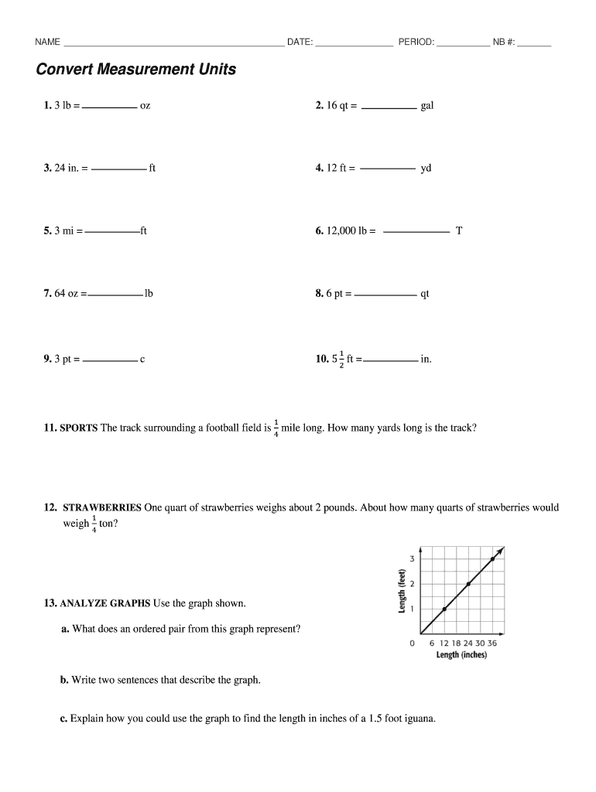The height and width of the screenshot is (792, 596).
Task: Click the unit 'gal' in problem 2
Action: coord(426,106)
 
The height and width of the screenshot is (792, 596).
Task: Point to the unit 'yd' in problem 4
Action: coord(426,169)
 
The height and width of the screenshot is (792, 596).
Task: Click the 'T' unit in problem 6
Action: coord(459,230)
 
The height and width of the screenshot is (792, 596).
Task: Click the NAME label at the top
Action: coord(48,42)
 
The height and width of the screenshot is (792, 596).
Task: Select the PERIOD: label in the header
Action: coord(416,42)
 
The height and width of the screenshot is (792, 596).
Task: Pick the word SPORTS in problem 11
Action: coord(78,428)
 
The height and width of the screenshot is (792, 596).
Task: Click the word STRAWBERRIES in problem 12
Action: coord(101,508)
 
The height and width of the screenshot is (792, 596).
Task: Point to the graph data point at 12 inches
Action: coord(444,609)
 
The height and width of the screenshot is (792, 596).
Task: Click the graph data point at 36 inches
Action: coord(493,558)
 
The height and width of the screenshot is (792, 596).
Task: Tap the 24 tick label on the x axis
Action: coord(468,643)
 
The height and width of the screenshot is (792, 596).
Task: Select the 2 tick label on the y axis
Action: coord(413,584)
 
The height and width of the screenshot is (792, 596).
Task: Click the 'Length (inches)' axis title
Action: coord(461,655)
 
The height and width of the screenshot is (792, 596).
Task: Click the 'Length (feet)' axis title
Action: coord(402,592)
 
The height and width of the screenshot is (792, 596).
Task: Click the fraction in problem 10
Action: coord(341,359)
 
